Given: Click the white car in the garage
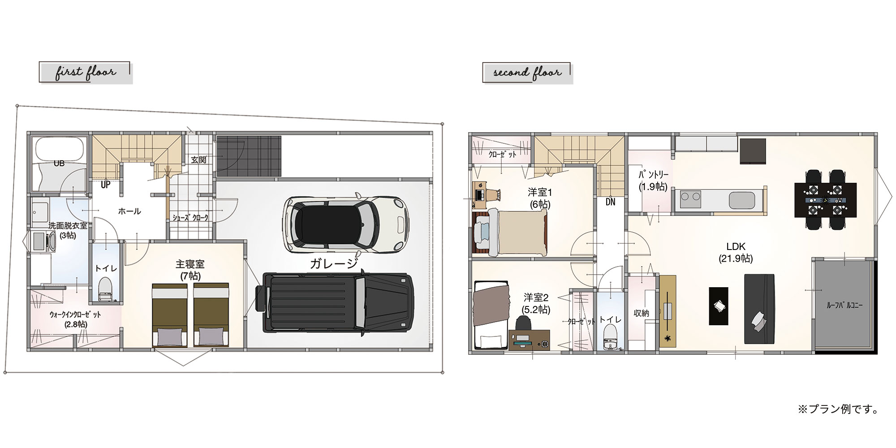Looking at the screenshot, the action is click(346, 224).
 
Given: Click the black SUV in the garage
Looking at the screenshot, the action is click(335, 303).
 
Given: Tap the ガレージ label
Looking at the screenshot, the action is click(334, 263).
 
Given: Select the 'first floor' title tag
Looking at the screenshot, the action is click(86, 73).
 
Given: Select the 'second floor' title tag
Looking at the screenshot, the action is click(527, 73).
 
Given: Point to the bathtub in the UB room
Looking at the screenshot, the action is click(60, 150).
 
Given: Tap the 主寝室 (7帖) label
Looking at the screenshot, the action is click(190, 270).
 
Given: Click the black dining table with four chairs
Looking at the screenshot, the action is click(825, 199).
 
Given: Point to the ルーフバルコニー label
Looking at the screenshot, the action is click(844, 306).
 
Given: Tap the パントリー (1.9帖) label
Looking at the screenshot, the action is click(653, 181).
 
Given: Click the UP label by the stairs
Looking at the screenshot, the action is click(105, 185).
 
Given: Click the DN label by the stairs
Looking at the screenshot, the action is click(610, 202).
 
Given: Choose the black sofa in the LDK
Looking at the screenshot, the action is click(759, 309).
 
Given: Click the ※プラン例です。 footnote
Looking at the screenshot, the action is click(838, 409).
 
